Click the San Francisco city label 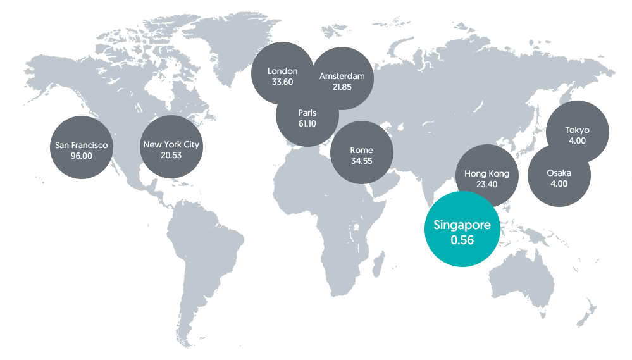82,145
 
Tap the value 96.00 82,156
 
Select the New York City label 171,144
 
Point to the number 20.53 171,155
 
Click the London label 282,71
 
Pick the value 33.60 282,82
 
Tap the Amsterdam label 342,76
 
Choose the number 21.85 342,87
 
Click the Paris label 307,113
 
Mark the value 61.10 307,123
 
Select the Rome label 361,150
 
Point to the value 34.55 361,161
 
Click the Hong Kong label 486,173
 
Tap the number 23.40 486,184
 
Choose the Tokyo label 577,130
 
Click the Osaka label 559,173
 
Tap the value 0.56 462,240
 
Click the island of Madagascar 378,261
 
